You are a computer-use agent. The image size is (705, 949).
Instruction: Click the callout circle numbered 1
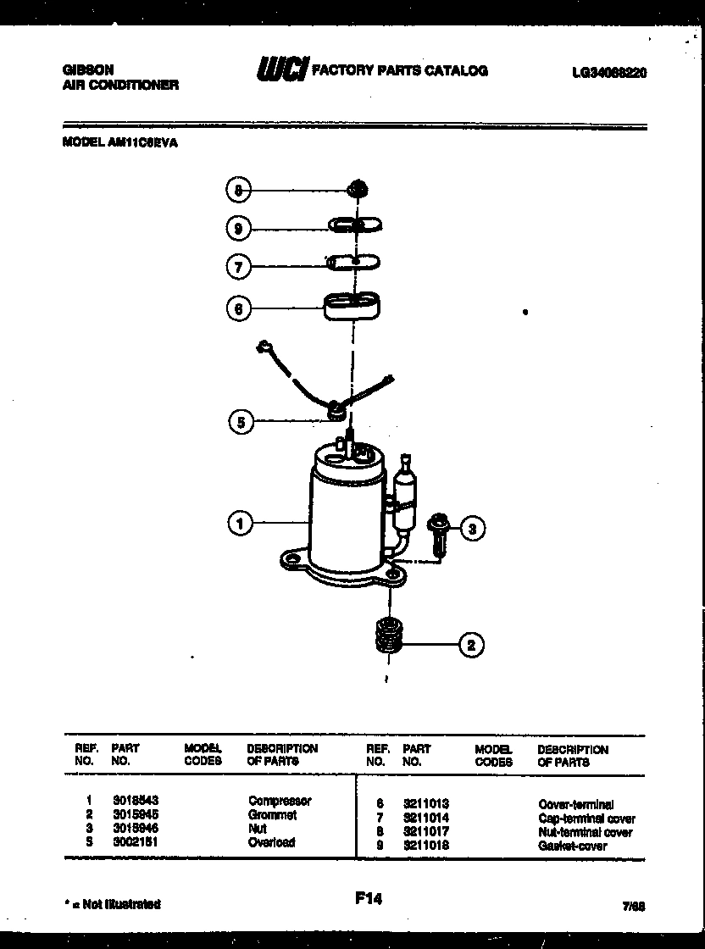click(x=241, y=524)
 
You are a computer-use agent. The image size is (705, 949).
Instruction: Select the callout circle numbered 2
click(x=471, y=646)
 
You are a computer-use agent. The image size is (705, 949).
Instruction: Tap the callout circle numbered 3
click(x=473, y=530)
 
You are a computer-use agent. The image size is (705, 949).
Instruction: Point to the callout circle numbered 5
click(x=241, y=421)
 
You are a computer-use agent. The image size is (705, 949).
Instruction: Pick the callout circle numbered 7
click(x=239, y=267)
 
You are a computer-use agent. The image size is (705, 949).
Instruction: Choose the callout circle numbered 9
click(x=239, y=228)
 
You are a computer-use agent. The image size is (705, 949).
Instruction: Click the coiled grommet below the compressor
click(x=389, y=635)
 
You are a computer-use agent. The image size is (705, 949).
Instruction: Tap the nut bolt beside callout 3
click(x=438, y=533)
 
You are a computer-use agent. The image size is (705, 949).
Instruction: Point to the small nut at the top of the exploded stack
click(x=358, y=188)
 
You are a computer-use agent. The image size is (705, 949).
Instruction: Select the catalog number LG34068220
click(x=609, y=73)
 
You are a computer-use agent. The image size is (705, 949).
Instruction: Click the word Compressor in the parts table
click(x=280, y=801)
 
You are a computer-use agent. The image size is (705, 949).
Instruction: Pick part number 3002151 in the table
click(x=135, y=842)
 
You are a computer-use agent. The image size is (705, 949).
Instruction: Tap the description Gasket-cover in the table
click(x=572, y=846)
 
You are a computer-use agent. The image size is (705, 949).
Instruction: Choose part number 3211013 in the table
click(x=425, y=803)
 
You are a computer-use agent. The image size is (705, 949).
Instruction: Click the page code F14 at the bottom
click(x=368, y=898)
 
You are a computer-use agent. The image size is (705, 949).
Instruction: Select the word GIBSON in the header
click(x=88, y=70)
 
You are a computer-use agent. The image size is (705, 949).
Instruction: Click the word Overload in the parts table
click(x=271, y=842)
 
